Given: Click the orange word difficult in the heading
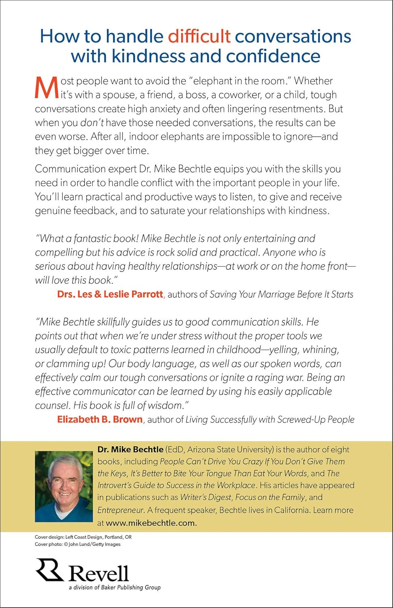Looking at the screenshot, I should pos(199,36).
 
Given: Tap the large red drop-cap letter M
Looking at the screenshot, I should pos(46,88).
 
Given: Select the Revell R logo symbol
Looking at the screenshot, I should pos(49,569).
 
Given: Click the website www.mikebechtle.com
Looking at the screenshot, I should pos(151,523).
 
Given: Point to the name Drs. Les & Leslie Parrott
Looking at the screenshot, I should pos(110,294).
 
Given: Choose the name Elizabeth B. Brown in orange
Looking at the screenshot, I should pos(100,420).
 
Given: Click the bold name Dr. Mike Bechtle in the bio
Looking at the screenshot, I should pos(130,450).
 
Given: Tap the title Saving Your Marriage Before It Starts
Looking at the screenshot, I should pos(281,294).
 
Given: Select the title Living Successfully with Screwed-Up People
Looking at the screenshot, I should pos(270,420).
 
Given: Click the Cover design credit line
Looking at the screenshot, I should pos(83,537).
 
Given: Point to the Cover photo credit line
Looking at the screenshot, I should pos(77,544).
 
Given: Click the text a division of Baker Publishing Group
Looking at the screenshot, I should pos(115,587).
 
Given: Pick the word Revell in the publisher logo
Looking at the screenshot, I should pos(98,573).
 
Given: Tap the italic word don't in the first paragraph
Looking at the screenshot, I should pos(92,123).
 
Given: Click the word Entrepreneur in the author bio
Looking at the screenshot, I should pos(121,510).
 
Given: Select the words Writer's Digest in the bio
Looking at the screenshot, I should pos(206,497).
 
